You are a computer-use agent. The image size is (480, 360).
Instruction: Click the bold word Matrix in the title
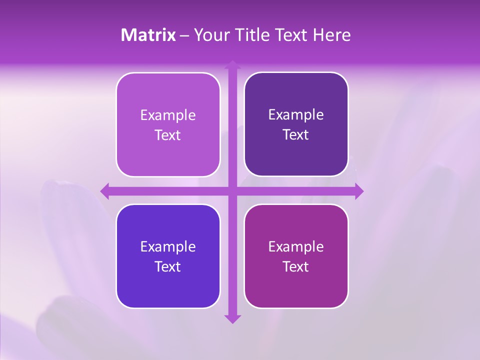(x=148, y=35)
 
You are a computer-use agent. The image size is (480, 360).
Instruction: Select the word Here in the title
(x=332, y=35)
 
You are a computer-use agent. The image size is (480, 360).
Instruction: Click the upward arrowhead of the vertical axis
(x=232, y=64)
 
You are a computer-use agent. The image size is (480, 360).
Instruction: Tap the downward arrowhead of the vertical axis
(x=232, y=318)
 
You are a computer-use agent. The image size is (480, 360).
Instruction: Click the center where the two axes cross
(x=232, y=190)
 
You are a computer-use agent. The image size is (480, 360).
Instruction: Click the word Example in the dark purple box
(x=296, y=115)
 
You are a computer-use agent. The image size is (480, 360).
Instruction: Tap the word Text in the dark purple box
(x=296, y=135)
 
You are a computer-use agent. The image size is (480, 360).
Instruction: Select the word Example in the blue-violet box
(x=168, y=246)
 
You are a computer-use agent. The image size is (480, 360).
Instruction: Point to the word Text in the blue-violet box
(x=168, y=266)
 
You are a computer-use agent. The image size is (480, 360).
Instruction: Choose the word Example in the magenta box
(x=296, y=246)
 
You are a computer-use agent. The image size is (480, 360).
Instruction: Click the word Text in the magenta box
(x=296, y=266)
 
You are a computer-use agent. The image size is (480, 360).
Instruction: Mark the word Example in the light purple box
(x=168, y=115)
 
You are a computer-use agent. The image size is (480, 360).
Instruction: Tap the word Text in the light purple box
(x=168, y=135)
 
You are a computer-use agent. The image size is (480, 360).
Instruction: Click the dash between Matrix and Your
(x=184, y=35)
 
